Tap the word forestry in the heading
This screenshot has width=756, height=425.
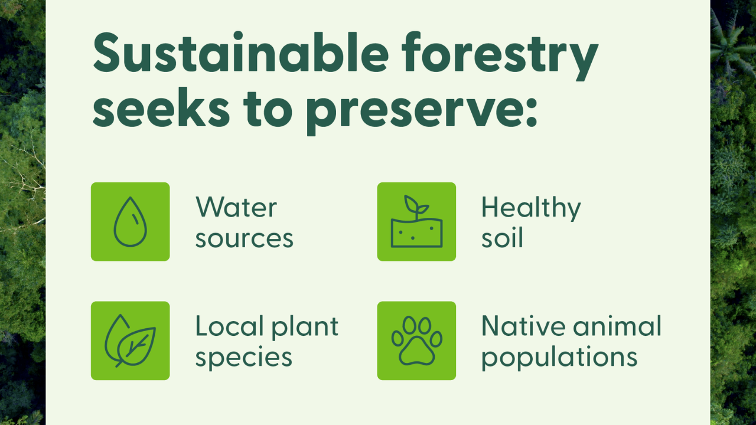500,56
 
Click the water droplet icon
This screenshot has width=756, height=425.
131,221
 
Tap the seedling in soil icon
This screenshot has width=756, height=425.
416,221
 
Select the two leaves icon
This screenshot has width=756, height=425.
131,341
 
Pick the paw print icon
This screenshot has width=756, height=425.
416,341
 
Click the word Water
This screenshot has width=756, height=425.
236,207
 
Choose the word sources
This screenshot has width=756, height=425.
245,239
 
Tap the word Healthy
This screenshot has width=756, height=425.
531,208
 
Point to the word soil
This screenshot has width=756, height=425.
502,237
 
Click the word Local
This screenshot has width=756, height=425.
230,326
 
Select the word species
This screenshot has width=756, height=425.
244,358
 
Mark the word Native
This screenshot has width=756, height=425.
523,326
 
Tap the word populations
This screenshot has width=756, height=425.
559,358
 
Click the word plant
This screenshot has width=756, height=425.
305,328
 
